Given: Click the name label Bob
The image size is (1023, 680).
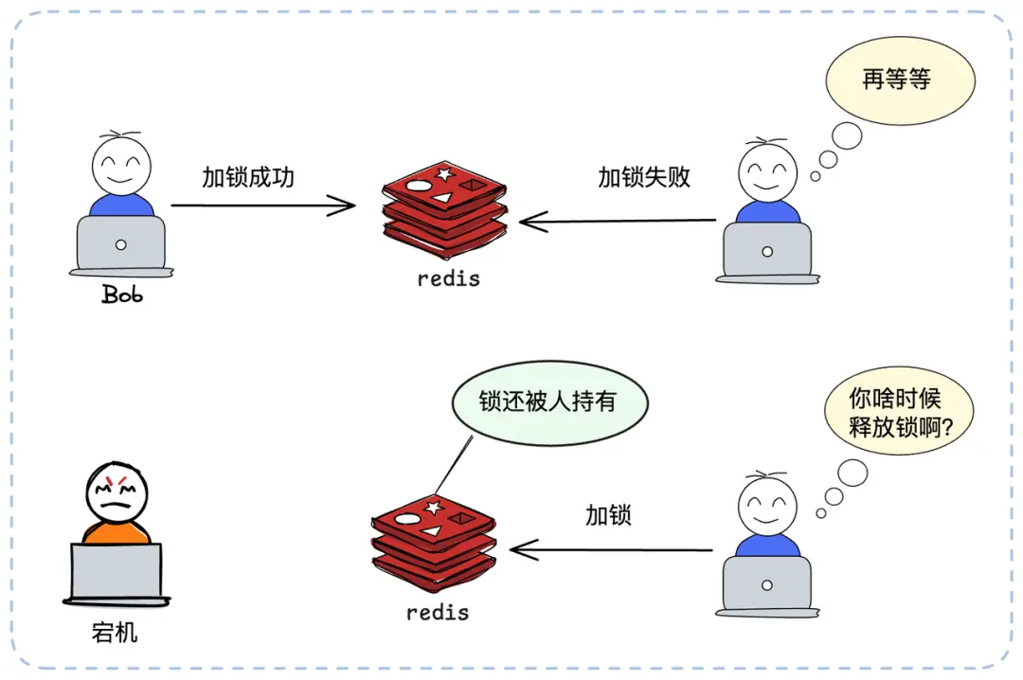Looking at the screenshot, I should click(122, 295).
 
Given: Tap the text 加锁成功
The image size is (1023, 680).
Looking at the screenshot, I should click(248, 177).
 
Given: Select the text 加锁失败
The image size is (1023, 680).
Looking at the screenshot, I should click(644, 177).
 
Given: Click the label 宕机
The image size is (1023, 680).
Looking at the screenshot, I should click(116, 632).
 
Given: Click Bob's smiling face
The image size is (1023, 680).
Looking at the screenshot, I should click(121, 166).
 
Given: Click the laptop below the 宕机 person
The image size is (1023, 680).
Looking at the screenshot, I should click(117, 572).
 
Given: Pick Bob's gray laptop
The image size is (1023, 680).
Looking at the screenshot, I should click(121, 244).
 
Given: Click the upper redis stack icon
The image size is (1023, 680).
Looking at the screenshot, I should click(444, 208).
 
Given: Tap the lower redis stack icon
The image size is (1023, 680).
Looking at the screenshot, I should click(434, 541).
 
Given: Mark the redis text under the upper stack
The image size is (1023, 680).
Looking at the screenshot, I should click(449, 279).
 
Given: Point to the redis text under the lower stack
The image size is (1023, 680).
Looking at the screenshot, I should click(438, 613).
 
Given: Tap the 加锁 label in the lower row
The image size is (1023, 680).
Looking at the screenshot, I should click(608, 516).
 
